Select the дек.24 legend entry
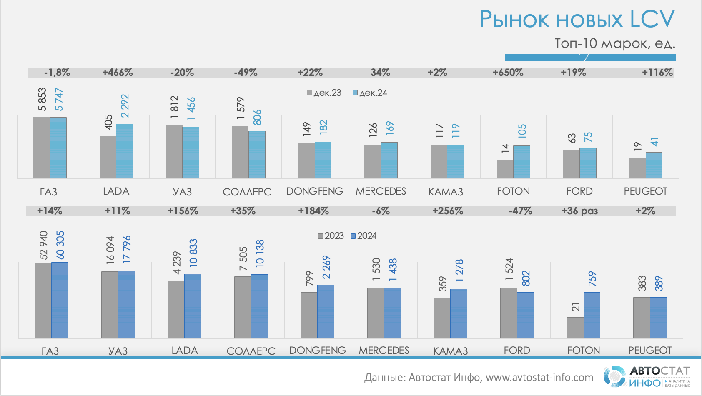(370, 93)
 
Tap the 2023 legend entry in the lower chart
(331, 236)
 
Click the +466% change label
(118, 73)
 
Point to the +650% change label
(508, 73)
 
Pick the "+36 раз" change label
(579, 211)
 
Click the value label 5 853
(42, 99)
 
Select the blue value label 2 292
(125, 106)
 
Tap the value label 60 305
(60, 245)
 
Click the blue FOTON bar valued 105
(521, 162)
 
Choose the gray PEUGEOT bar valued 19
(637, 168)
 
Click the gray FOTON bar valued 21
(575, 328)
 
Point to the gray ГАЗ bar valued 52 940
(43, 300)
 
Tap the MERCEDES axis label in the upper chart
(381, 191)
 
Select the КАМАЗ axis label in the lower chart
(450, 351)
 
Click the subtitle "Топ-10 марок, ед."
(614, 43)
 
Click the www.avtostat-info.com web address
(539, 378)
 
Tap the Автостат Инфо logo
(647, 376)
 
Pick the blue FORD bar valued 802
(525, 315)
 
